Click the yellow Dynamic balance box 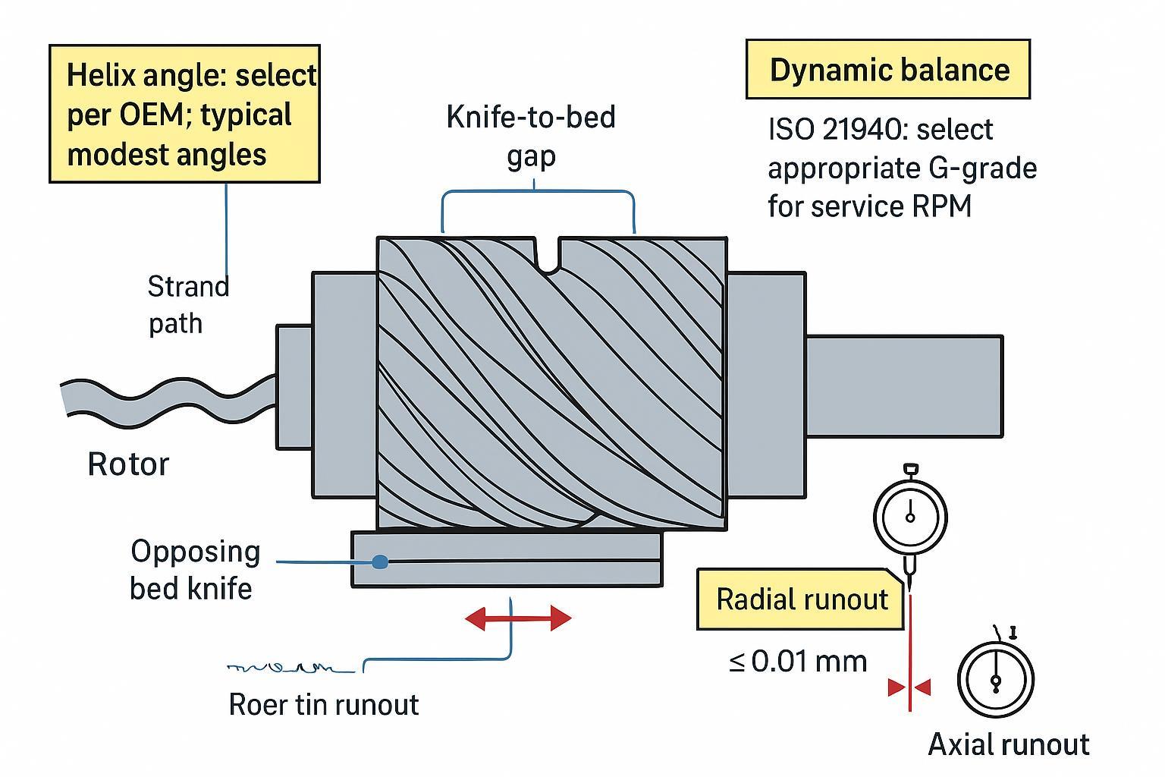[x=888, y=70]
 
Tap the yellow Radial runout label [x=802, y=599]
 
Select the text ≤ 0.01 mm [x=798, y=662]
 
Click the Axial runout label [x=1009, y=744]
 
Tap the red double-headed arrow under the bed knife [x=517, y=618]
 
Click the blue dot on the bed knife [x=381, y=562]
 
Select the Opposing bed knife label [x=194, y=569]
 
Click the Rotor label [x=128, y=464]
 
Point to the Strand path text [x=187, y=304]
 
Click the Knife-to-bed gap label [x=531, y=136]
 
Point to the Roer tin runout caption [x=323, y=705]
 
